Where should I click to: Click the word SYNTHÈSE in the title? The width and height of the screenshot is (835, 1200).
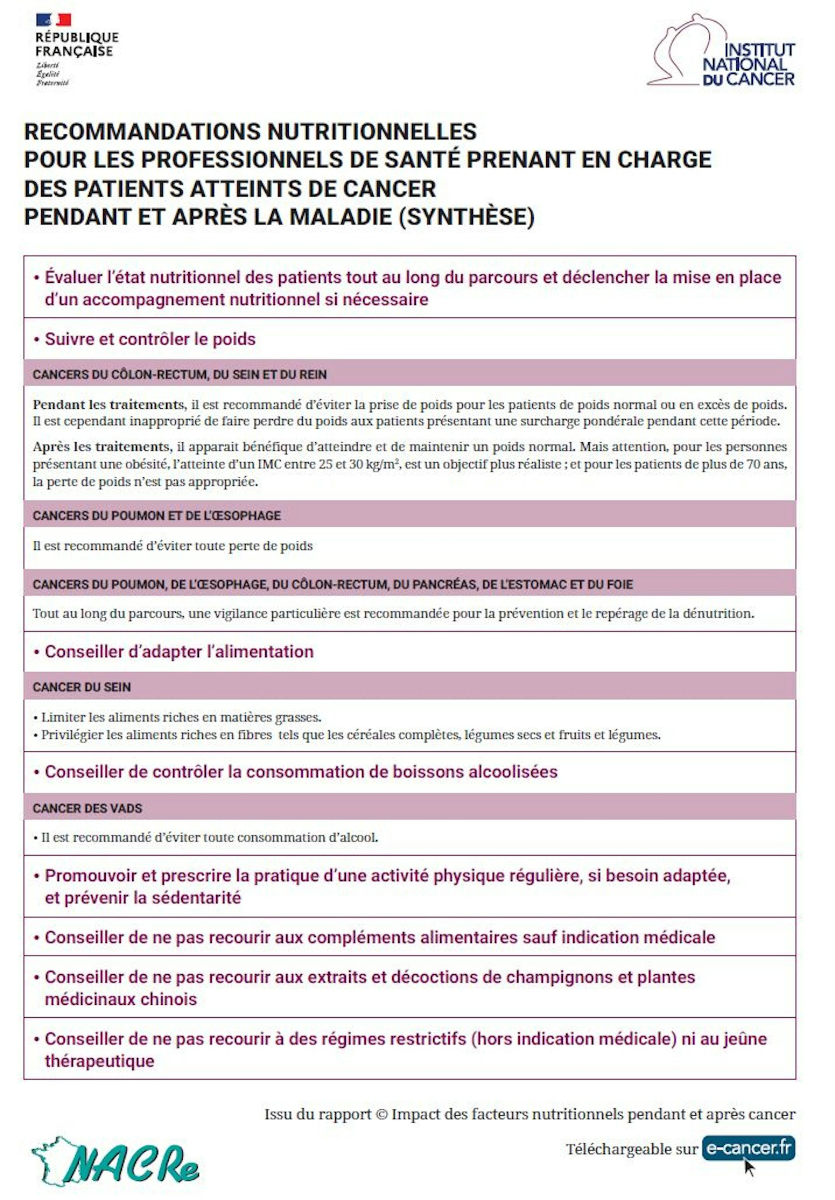[466, 217]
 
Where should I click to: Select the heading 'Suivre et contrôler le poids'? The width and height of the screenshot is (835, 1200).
[150, 339]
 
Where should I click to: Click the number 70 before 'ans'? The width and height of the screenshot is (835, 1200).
[753, 464]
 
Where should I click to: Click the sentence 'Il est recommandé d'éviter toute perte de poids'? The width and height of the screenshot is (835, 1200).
[172, 546]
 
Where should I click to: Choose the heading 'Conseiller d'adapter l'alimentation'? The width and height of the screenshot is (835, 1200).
[179, 652]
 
